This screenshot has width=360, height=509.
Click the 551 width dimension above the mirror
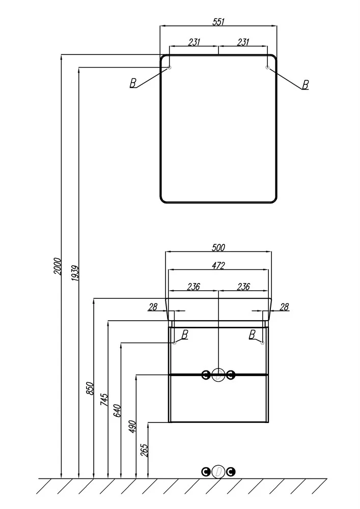click(218, 21)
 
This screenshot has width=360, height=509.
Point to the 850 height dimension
click(91, 388)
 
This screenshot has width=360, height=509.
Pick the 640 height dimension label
click(117, 410)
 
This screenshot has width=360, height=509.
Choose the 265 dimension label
click(144, 450)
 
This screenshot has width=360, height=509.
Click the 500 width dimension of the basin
click(218, 248)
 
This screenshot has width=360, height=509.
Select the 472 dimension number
click(218, 266)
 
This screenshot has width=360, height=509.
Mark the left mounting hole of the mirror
click(170, 68)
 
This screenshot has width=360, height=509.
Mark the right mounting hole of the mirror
click(267, 68)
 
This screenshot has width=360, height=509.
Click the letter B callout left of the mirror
click(133, 83)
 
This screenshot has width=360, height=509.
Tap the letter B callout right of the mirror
click(305, 84)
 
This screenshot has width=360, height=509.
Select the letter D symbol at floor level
click(218, 472)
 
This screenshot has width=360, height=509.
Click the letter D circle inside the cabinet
click(218, 376)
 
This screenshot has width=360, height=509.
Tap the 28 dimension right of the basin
click(284, 306)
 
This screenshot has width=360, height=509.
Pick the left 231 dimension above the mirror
click(194, 43)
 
